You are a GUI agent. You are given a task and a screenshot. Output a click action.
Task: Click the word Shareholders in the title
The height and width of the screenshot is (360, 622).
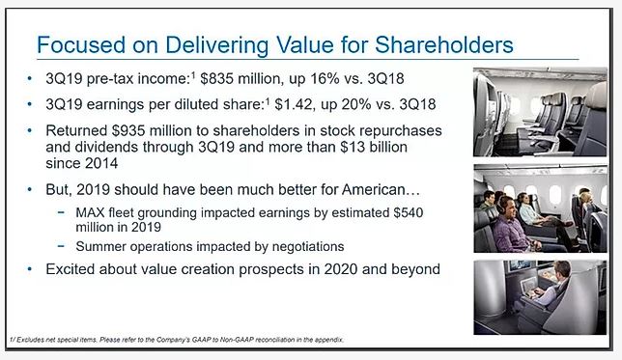tap(444, 44)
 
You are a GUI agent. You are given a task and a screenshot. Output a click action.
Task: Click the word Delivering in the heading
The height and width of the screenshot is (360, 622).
tap(217, 44)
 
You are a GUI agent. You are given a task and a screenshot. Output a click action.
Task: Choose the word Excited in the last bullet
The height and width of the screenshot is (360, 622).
tap(71, 269)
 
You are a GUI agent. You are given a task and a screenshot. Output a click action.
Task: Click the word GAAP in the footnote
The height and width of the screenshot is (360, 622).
tap(200, 340)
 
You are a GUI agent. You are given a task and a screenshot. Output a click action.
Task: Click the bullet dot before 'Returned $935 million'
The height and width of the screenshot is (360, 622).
tap(29, 130)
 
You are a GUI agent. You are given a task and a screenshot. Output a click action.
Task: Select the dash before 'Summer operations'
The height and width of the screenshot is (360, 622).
tap(61, 246)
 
